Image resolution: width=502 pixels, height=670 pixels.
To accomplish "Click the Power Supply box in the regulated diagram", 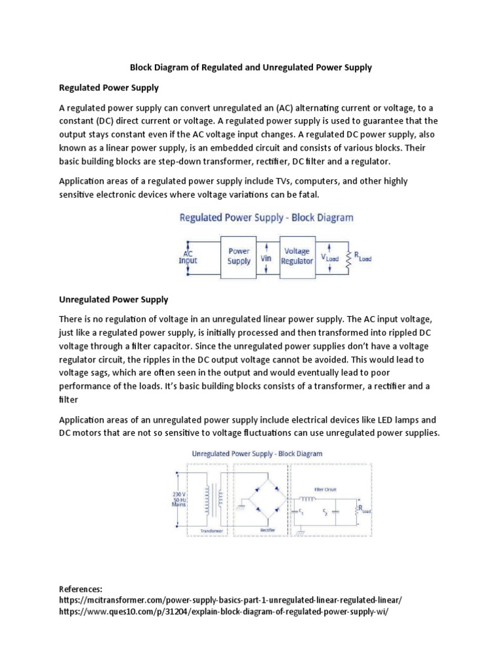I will (x=239, y=255).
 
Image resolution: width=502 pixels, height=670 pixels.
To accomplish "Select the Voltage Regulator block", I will (x=297, y=255).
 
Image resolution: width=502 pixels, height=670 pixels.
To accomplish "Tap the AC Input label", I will (x=188, y=256).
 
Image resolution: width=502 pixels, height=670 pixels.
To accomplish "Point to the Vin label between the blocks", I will (x=266, y=258).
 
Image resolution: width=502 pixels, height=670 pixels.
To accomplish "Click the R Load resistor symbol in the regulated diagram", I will (x=350, y=257).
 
